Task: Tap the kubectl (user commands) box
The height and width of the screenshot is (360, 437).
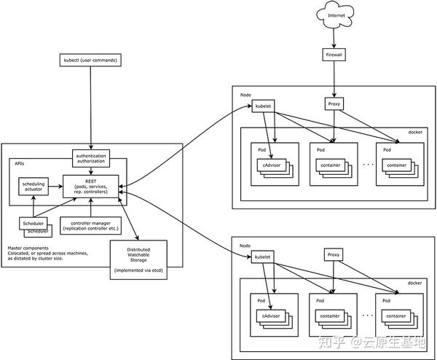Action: click(90, 59)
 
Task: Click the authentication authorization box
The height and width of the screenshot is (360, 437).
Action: click(91, 157)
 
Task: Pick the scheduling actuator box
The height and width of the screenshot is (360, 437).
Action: click(34, 188)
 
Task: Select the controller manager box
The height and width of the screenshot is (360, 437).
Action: click(90, 225)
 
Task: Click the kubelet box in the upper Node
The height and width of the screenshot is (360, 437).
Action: click(263, 107)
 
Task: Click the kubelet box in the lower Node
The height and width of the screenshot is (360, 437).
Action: click(263, 257)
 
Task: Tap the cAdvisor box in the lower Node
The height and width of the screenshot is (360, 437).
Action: click(269, 315)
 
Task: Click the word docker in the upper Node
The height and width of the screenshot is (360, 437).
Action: click(414, 133)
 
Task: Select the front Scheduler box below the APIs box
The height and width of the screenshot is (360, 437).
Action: click(33, 223)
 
